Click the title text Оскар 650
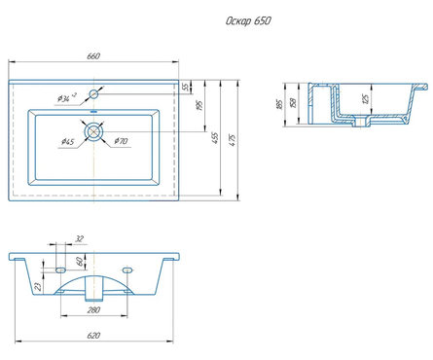[248, 21]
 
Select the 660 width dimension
[93, 56]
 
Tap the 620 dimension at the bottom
[93, 336]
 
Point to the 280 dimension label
[93, 310]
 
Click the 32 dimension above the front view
[80, 239]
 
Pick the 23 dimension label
[38, 286]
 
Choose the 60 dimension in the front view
[80, 262]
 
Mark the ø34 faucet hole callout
[67, 97]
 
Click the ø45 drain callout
[68, 142]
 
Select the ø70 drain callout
[121, 141]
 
